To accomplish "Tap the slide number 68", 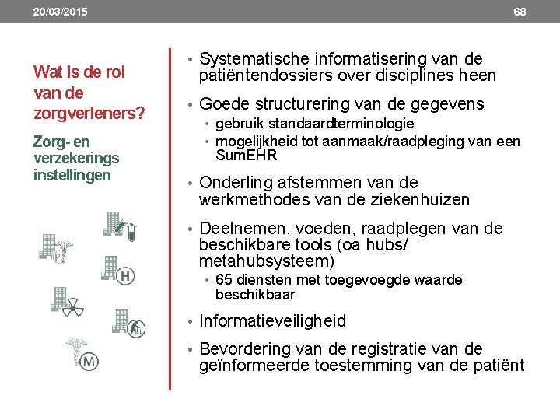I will click(520, 12).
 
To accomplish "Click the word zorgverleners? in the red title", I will click(89, 114).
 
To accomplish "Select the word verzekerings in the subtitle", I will click(76, 159).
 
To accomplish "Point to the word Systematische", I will click(254, 59).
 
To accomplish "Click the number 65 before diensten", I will click(224, 280).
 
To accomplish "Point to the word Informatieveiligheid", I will click(272, 320).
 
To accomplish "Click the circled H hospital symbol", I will click(125, 275).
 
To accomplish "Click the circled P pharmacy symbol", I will click(58, 256).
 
